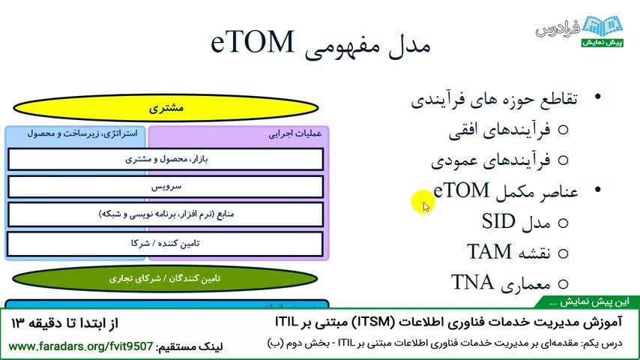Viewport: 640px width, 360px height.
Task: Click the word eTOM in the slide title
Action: [253, 42]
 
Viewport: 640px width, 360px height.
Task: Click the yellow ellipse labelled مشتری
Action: [166, 108]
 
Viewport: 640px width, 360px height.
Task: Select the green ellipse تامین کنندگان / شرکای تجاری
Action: [165, 279]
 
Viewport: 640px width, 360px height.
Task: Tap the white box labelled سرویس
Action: [166, 187]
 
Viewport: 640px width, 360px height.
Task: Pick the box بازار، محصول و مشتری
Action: [166, 159]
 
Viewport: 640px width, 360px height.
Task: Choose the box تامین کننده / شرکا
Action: [166, 244]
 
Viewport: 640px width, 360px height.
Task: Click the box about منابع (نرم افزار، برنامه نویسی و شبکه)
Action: [166, 214]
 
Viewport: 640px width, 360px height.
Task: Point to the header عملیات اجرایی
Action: [295, 134]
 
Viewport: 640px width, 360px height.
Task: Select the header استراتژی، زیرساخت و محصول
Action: [82, 133]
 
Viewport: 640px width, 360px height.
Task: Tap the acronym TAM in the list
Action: [489, 251]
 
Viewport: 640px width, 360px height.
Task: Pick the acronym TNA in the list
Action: [472, 282]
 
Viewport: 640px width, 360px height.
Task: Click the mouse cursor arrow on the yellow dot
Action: [426, 207]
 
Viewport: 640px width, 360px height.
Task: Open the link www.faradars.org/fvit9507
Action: [81, 346]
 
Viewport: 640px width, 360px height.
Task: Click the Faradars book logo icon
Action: [603, 25]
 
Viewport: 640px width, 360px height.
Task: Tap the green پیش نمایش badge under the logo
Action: [603, 43]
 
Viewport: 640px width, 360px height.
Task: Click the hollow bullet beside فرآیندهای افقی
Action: [564, 130]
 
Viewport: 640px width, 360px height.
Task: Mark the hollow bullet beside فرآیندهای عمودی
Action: [564, 160]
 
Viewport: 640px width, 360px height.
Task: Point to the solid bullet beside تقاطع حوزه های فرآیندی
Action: [598, 97]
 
